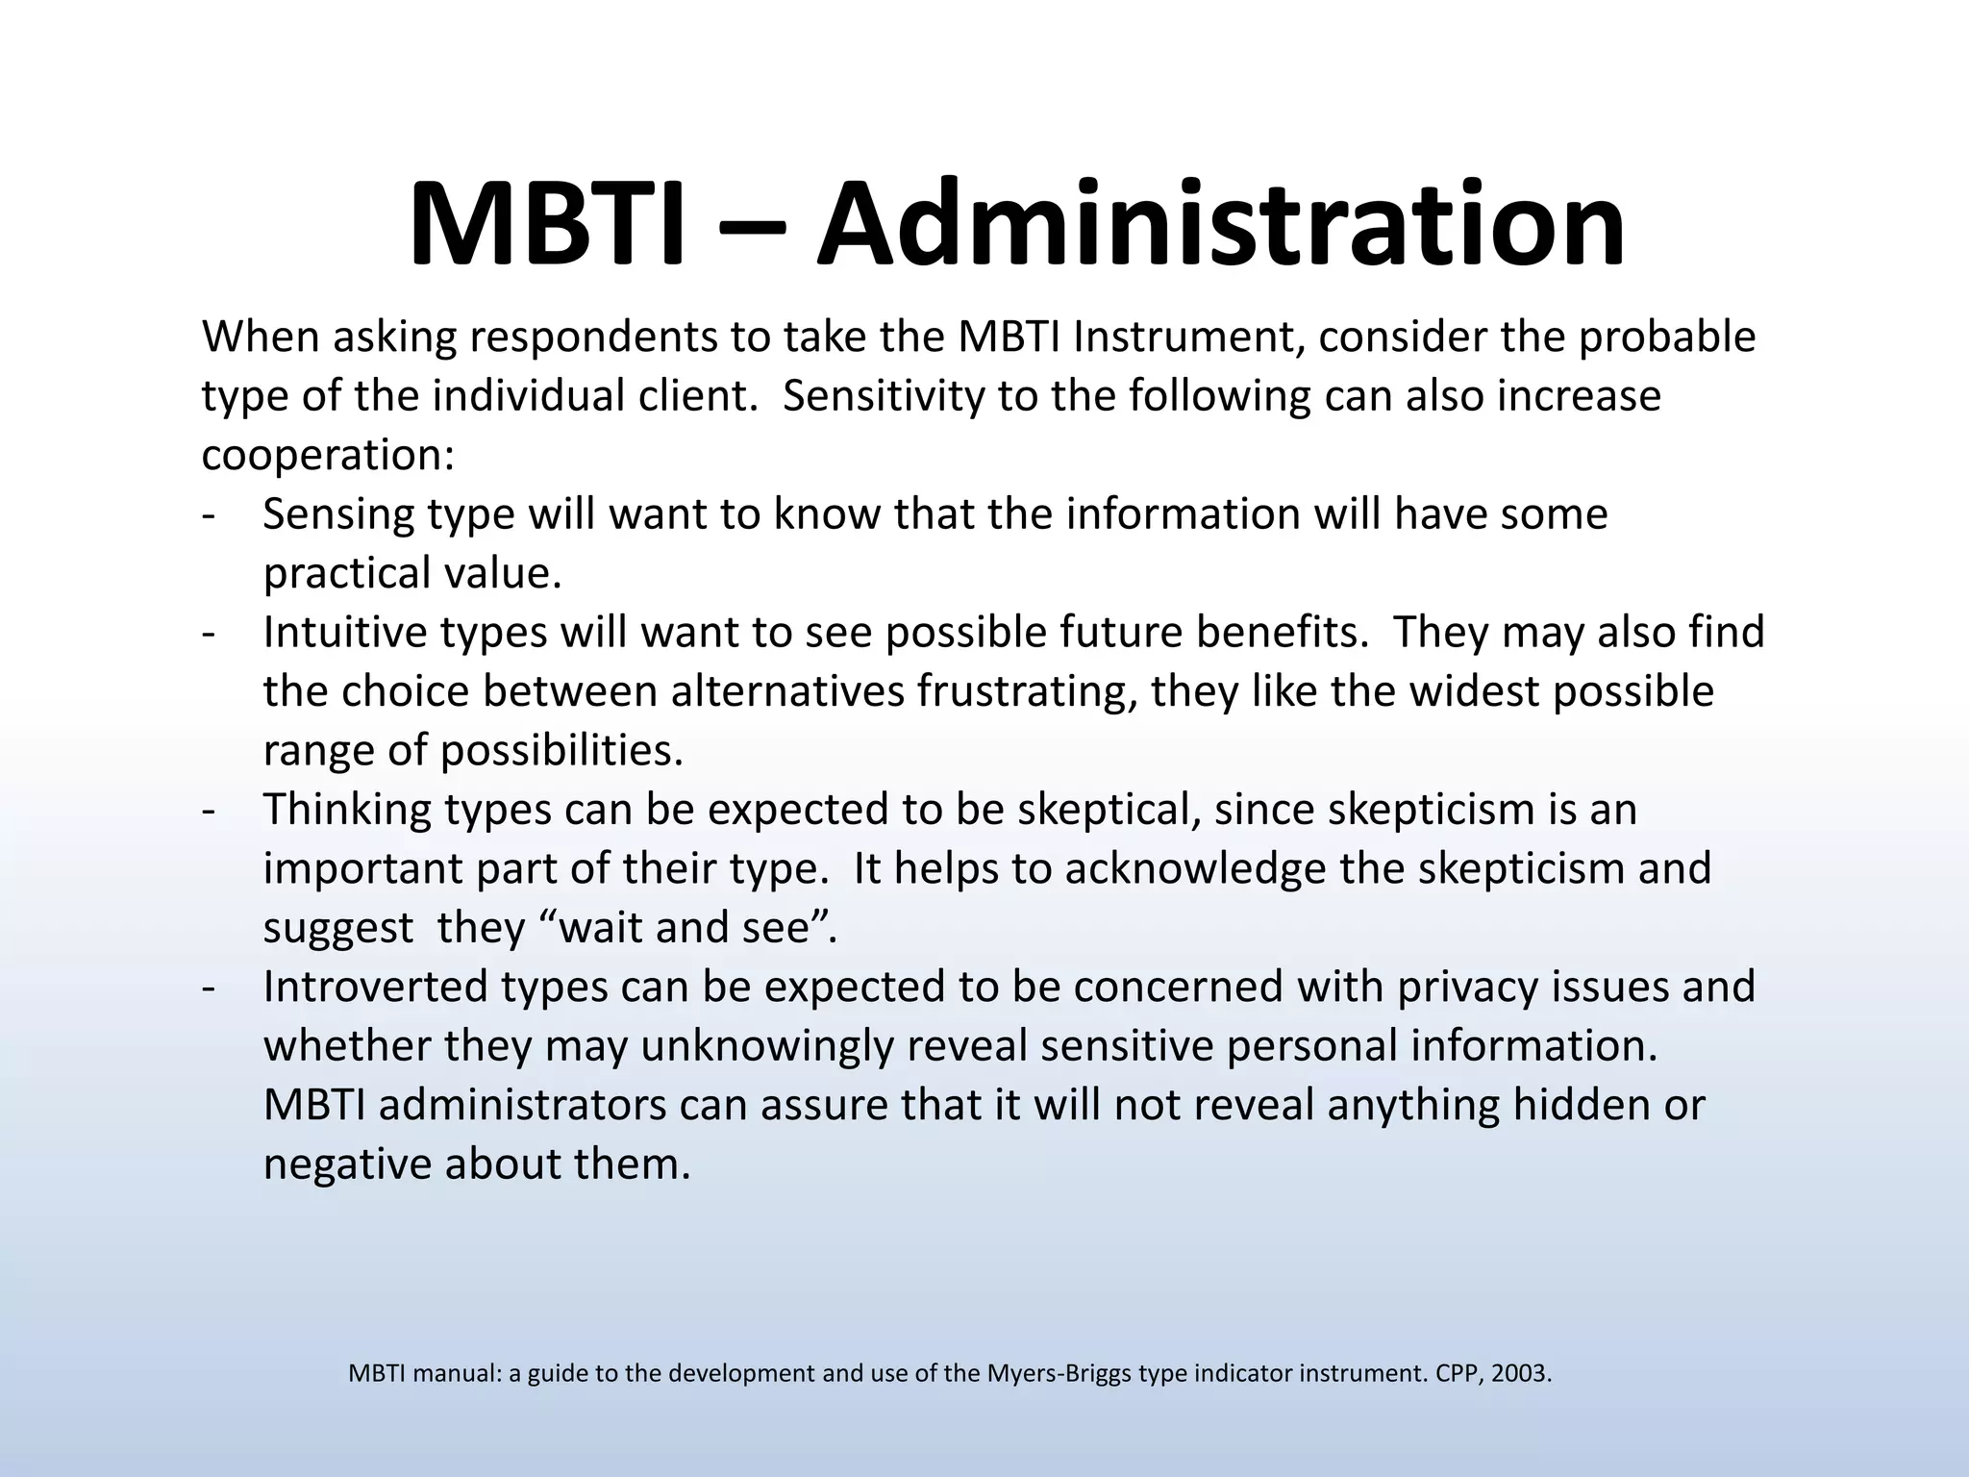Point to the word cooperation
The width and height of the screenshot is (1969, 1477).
(x=327, y=455)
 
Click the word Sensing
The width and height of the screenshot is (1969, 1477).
(x=341, y=513)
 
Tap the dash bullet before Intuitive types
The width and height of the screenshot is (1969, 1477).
(x=209, y=633)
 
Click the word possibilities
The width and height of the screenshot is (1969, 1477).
(x=561, y=750)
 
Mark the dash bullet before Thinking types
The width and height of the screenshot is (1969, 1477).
(x=209, y=810)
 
